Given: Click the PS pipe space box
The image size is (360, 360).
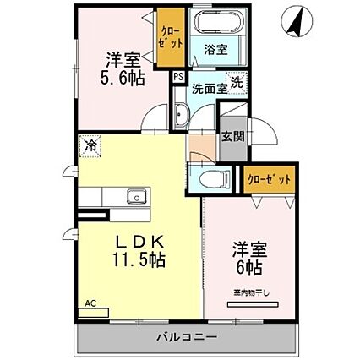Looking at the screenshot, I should click(x=178, y=76).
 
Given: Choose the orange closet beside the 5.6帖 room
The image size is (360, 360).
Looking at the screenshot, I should click(x=169, y=38).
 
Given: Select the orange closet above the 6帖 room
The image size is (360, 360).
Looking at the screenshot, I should click(x=271, y=178).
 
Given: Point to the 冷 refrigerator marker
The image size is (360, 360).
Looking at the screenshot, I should click(x=90, y=145).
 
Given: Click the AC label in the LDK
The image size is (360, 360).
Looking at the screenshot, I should click(x=89, y=302).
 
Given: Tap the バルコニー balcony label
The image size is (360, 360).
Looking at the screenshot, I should click(x=186, y=337).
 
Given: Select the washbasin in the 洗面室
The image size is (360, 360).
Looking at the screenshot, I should click(x=182, y=117).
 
